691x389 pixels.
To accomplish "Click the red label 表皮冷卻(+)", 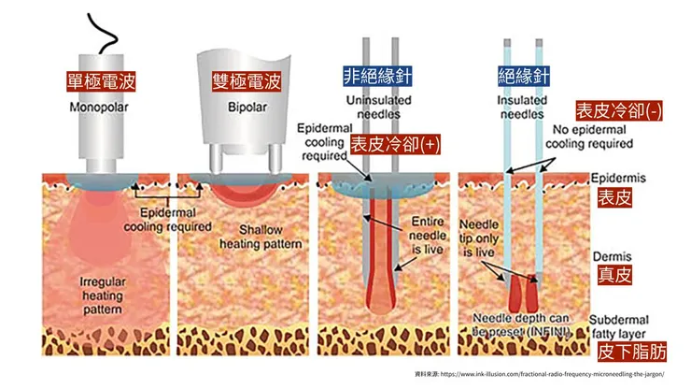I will (394, 145).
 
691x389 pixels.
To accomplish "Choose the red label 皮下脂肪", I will (631, 353).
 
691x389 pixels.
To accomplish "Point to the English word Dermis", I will (612, 252).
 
